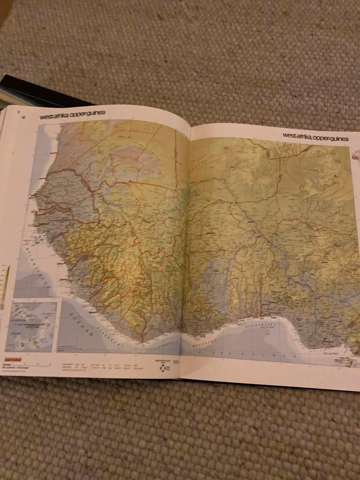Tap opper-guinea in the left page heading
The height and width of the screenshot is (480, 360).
click(x=88, y=113)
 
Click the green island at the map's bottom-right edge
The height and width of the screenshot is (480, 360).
click(x=349, y=363)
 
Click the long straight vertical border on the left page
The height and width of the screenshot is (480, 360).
click(x=176, y=159)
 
